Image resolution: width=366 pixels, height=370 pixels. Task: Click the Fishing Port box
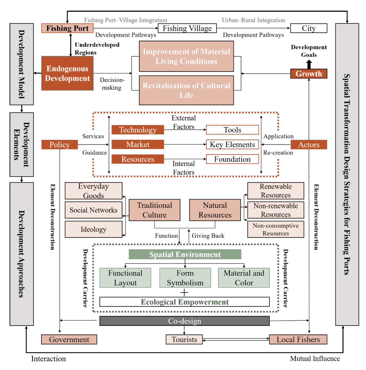click(x=67, y=28)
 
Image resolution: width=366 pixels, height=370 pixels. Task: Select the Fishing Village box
click(x=187, y=28)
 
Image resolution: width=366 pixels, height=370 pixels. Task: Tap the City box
click(x=309, y=28)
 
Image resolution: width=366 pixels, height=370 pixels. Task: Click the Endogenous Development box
click(x=67, y=73)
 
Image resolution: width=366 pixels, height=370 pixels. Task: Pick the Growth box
click(x=309, y=74)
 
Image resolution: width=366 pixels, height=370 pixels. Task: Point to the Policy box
click(x=59, y=145)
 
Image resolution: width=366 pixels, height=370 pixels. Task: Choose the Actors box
click(x=309, y=145)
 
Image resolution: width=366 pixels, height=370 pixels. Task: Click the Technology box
click(x=138, y=130)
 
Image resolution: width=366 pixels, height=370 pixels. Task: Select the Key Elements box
click(x=232, y=145)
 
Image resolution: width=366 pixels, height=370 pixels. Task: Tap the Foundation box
click(x=232, y=159)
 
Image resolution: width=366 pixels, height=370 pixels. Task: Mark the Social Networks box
click(x=93, y=210)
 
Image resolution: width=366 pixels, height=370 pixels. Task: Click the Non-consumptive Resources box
click(x=275, y=229)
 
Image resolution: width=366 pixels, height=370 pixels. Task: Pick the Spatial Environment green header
click(x=185, y=254)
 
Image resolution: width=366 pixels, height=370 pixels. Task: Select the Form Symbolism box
click(x=185, y=278)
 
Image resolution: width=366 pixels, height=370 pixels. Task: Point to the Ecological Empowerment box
click(x=184, y=302)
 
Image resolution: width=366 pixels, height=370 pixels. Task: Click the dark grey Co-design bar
click(x=184, y=321)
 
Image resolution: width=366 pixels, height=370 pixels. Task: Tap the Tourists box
click(x=184, y=340)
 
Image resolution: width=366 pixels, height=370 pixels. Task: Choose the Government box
click(x=69, y=340)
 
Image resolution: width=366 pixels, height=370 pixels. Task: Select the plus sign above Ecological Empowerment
click(x=184, y=293)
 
